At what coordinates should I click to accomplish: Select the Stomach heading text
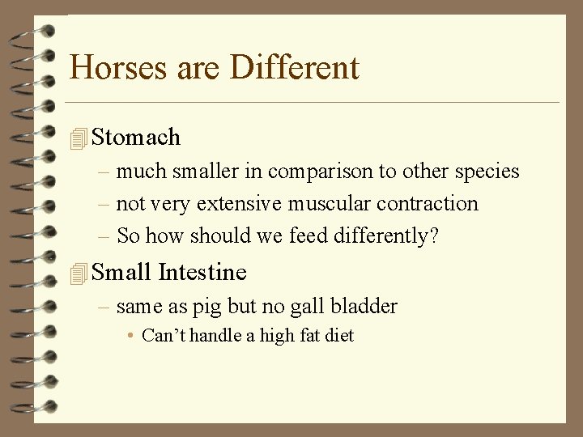click(136, 138)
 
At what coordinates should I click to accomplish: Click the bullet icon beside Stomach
click(78, 138)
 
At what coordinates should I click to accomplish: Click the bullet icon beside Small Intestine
click(78, 274)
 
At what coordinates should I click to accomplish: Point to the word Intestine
click(202, 273)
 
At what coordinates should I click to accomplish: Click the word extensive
click(241, 204)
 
